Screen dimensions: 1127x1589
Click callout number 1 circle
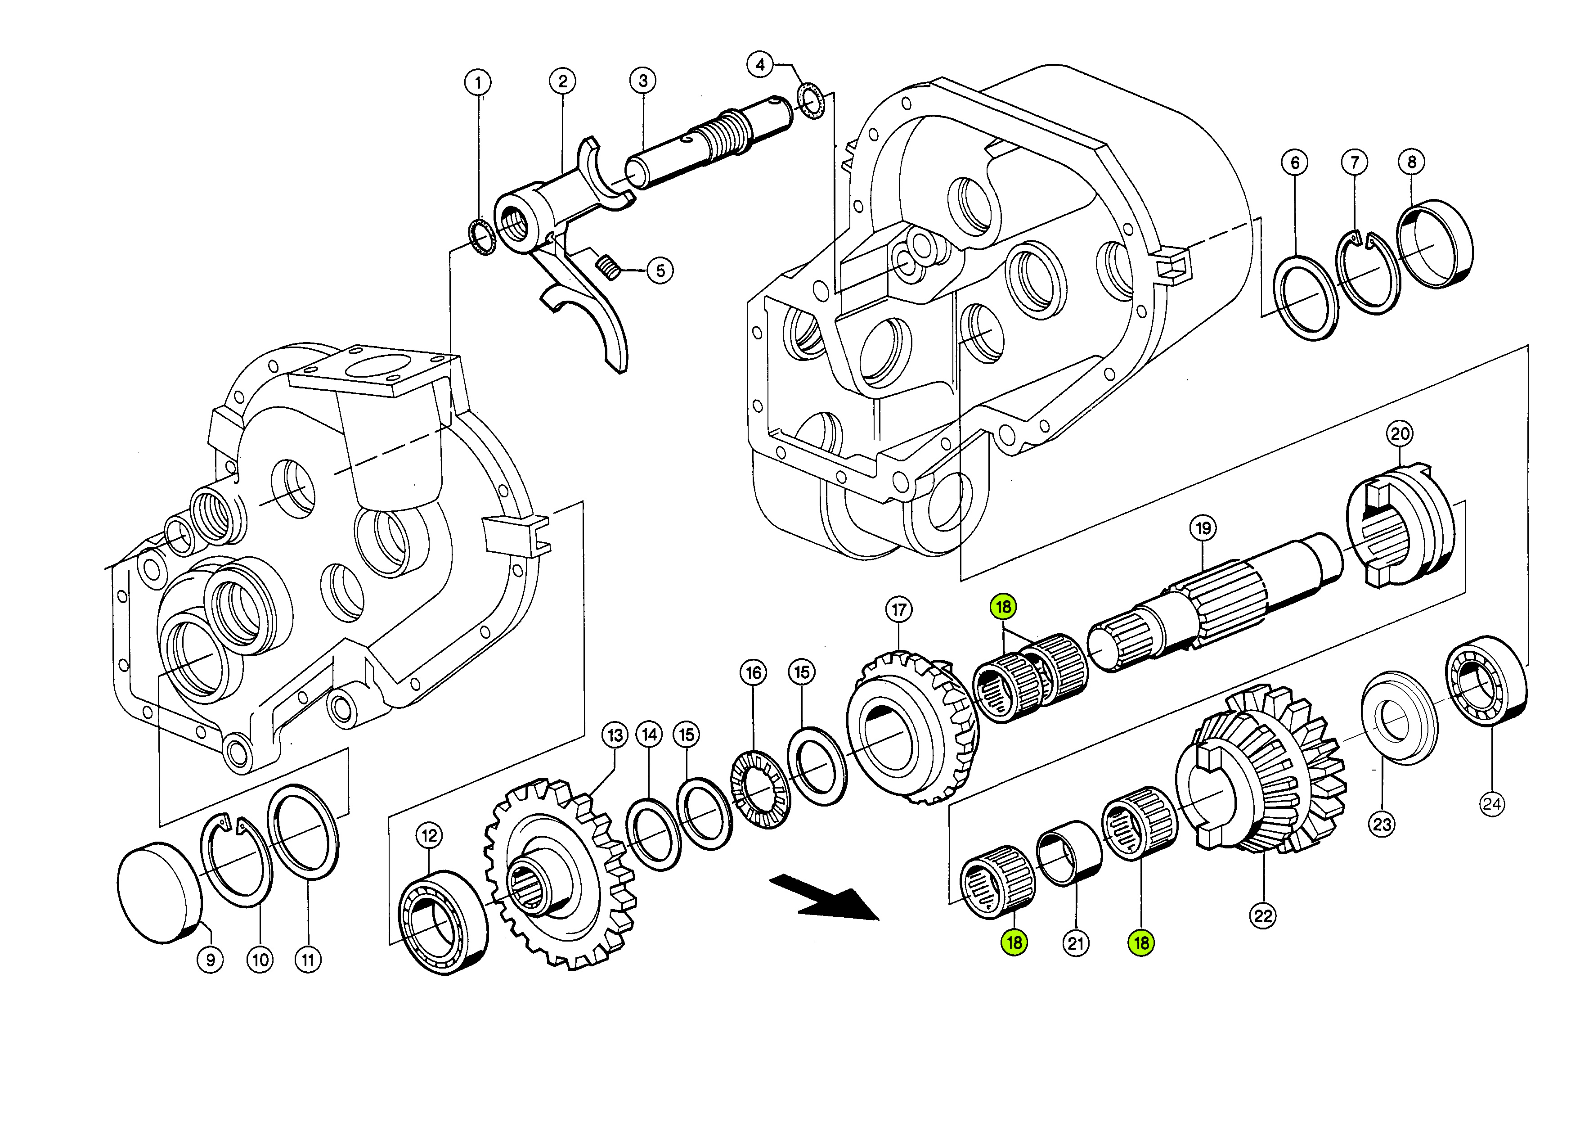478,82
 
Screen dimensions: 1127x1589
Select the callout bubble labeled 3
643,81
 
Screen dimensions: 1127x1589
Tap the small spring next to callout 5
608,267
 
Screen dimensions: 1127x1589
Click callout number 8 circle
1411,162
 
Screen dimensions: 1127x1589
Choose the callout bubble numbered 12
429,835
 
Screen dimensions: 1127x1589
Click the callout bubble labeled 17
899,610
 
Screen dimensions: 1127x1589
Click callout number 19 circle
1203,528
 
